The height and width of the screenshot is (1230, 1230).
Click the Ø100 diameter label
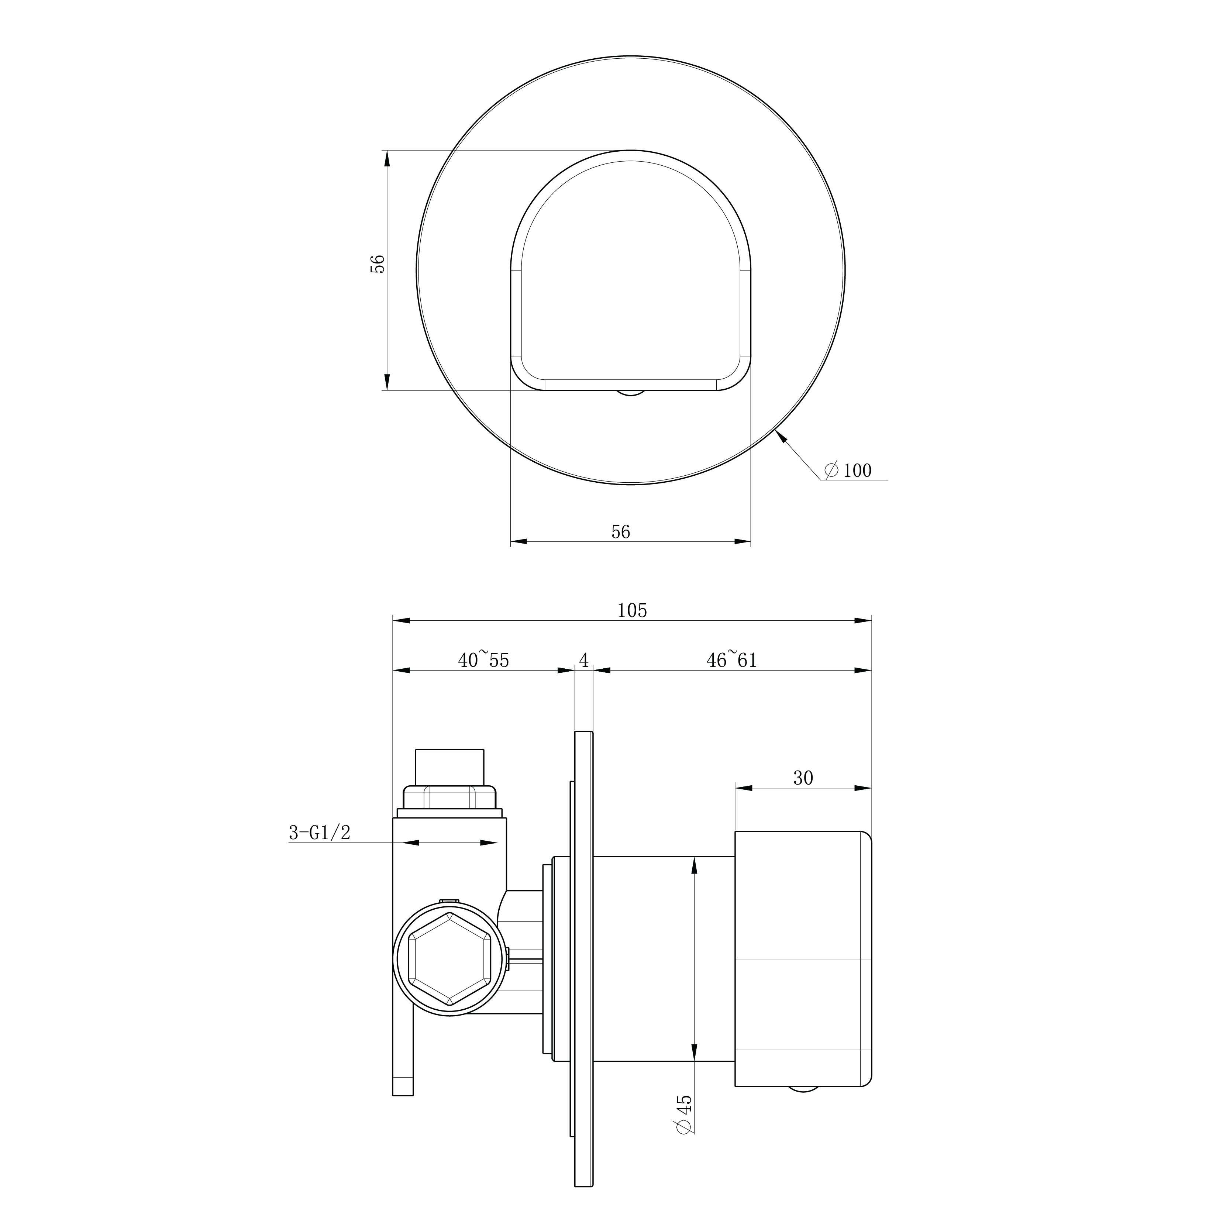pyautogui.click(x=847, y=471)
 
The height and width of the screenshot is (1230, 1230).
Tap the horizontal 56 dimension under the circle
pyautogui.click(x=621, y=532)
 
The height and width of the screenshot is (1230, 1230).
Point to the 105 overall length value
pyautogui.click(x=632, y=610)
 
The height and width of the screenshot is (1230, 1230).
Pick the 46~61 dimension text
pyautogui.click(x=732, y=659)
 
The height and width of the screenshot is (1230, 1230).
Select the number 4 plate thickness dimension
pyautogui.click(x=584, y=659)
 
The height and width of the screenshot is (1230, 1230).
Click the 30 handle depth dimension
pyautogui.click(x=803, y=778)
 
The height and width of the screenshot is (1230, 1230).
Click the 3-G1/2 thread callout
pyautogui.click(x=320, y=832)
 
